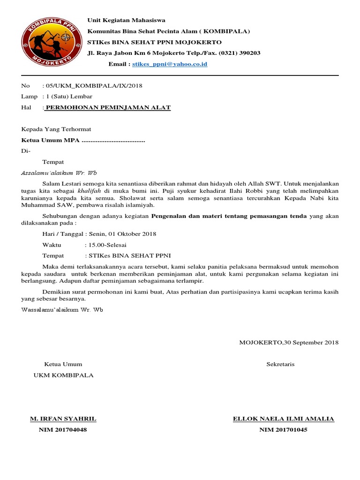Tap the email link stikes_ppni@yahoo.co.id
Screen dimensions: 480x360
(170, 64)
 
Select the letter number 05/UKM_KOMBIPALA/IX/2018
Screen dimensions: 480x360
(94, 86)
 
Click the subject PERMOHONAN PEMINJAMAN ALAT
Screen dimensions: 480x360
(108, 108)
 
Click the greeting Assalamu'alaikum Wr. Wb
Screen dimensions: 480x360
(59, 172)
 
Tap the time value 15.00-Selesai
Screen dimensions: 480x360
(105, 245)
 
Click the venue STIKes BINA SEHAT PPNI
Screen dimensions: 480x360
(127, 255)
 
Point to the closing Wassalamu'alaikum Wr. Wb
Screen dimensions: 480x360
(62, 310)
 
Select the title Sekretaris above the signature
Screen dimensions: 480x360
(280, 364)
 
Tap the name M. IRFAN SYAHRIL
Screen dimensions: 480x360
(63, 419)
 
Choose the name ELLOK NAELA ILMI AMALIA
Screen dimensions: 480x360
(283, 419)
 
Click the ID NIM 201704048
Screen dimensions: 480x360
(63, 430)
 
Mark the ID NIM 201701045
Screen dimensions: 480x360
(283, 430)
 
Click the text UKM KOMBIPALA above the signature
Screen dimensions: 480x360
(63, 375)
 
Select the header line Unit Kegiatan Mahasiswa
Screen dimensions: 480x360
(127, 20)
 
